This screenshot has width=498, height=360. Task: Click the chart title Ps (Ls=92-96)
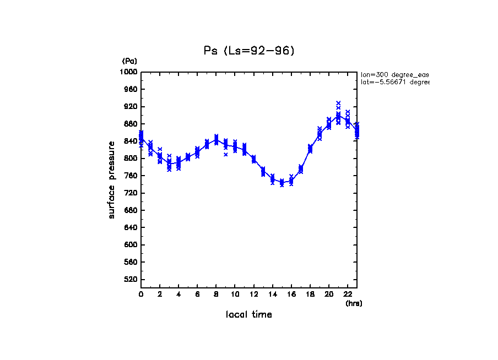tap(249, 51)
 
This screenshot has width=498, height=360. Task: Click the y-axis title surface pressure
tap(112, 179)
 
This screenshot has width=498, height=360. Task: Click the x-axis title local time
tap(249, 314)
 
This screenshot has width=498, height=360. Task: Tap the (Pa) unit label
tap(129, 61)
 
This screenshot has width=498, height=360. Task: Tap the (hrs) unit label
tap(354, 303)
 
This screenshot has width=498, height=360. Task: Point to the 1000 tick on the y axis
tap(129, 72)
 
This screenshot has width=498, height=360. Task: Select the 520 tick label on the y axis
tap(131, 280)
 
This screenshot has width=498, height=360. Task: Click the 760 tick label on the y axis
tap(131, 176)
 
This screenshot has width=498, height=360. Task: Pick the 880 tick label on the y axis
tap(131, 124)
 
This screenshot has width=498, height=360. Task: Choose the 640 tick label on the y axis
tap(131, 228)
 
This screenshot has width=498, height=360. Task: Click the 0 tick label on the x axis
tap(141, 294)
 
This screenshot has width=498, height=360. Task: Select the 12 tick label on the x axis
tap(253, 294)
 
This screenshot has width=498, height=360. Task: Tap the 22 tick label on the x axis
tap(348, 294)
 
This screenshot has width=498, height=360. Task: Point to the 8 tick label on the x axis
tap(216, 294)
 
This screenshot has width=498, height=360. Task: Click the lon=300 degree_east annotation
tap(394, 74)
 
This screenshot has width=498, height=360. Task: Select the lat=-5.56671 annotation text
tap(394, 82)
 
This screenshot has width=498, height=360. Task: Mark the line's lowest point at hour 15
tap(282, 182)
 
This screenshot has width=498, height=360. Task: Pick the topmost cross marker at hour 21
tap(338, 103)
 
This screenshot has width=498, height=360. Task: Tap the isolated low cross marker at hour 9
tap(226, 155)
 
